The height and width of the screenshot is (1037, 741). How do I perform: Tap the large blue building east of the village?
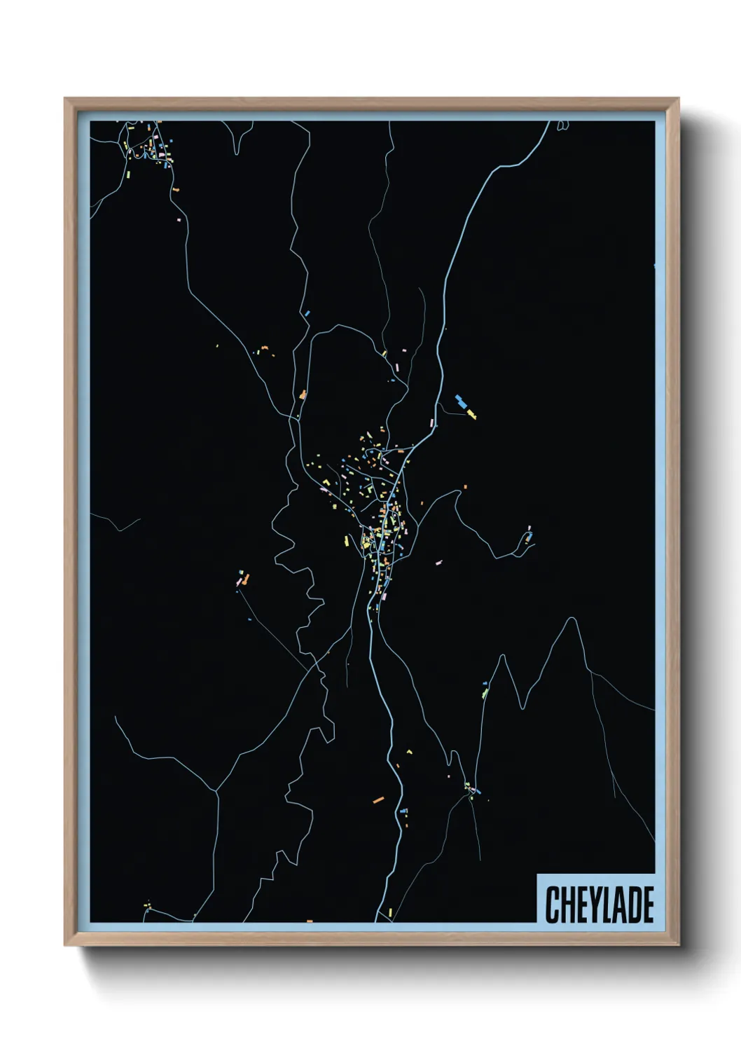[x=461, y=401]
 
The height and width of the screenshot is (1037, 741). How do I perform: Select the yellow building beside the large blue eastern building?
[x=471, y=414]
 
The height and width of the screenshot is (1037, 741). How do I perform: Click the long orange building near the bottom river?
[x=378, y=799]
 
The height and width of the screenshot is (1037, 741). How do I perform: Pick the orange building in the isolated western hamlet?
[x=246, y=579]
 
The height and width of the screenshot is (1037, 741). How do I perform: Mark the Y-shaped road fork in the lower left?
[x=216, y=791]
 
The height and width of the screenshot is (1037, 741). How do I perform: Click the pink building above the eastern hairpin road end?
[x=529, y=528]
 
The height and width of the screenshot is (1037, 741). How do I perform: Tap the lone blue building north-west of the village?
[x=306, y=313]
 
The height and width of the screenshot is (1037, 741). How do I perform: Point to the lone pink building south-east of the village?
[x=439, y=562]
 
